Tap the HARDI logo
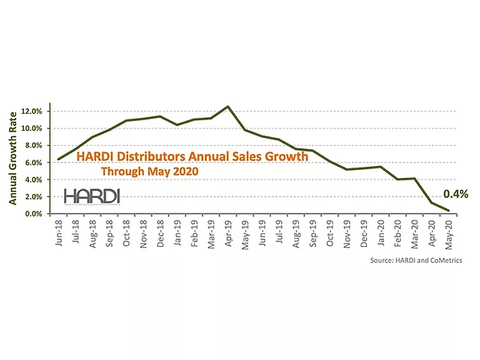[91, 195]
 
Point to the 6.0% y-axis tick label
[32, 163]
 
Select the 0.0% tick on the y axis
[32, 214]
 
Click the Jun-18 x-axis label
[58, 233]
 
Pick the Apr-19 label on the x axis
[228, 233]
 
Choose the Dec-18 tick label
[160, 233]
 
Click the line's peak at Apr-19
[228, 106]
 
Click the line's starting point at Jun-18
[58, 159]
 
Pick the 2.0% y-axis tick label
[32, 197]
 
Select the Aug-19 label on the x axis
[296, 233]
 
